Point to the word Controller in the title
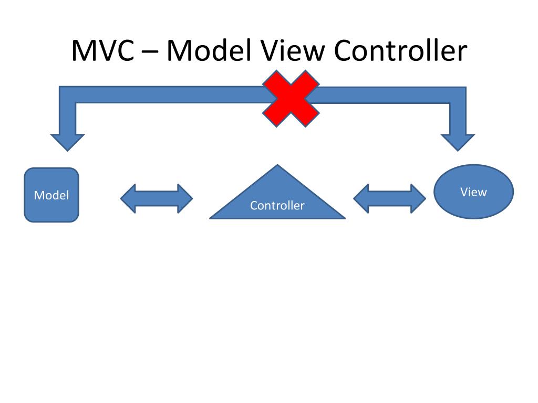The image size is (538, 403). click(x=399, y=51)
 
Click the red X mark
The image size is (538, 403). click(x=291, y=99)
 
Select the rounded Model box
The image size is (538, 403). click(x=51, y=195)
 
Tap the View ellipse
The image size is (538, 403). click(x=473, y=192)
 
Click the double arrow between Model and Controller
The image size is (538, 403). click(x=157, y=198)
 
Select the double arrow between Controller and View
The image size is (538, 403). click(x=389, y=198)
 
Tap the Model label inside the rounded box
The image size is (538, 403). click(x=51, y=196)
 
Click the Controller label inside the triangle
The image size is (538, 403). click(x=277, y=206)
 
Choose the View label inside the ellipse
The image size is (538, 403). click(x=473, y=192)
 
